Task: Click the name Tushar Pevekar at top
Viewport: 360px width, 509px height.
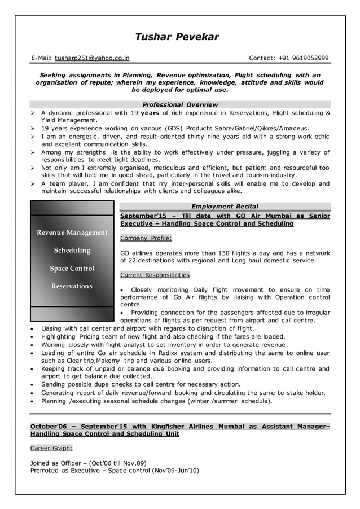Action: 177,37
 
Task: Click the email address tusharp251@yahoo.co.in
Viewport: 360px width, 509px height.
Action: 92,58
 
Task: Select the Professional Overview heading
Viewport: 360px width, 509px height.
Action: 179,104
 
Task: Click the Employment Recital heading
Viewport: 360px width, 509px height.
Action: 225,207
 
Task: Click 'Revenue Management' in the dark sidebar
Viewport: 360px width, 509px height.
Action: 72,233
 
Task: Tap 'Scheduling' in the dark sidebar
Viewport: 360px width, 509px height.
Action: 72,251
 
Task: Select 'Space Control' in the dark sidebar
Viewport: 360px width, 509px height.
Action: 72,269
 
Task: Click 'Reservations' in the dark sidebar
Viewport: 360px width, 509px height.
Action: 72,286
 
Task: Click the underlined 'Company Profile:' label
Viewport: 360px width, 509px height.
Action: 146,238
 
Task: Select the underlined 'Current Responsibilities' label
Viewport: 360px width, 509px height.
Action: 155,275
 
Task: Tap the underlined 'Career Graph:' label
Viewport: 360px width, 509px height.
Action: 51,448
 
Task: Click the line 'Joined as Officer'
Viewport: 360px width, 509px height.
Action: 89,463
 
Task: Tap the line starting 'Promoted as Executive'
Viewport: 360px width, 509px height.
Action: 115,470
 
